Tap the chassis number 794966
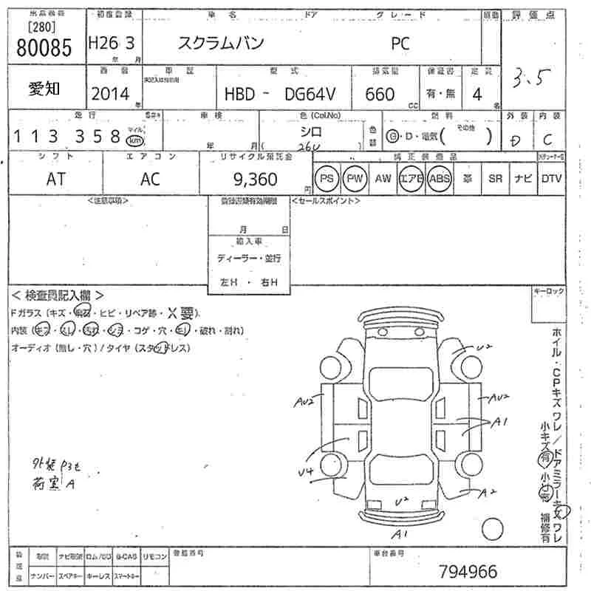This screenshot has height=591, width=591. pyautogui.click(x=468, y=571)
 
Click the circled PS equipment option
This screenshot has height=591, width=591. pyautogui.click(x=326, y=179)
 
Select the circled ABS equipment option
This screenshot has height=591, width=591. pyautogui.click(x=439, y=179)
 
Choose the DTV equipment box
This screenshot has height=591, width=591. pyautogui.click(x=551, y=179)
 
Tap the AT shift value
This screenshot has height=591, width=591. pyautogui.click(x=56, y=180)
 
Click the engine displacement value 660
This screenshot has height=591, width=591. pyautogui.click(x=380, y=94)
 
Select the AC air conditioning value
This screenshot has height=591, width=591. pyautogui.click(x=151, y=180)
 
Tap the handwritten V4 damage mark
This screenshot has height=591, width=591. pyautogui.click(x=306, y=471)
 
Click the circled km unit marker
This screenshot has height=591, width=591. pyautogui.click(x=134, y=140)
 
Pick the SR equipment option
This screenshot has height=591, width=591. pyautogui.click(x=495, y=179)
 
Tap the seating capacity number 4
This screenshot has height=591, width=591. pyautogui.click(x=477, y=94)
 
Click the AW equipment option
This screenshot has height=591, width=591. pyautogui.click(x=383, y=179)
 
